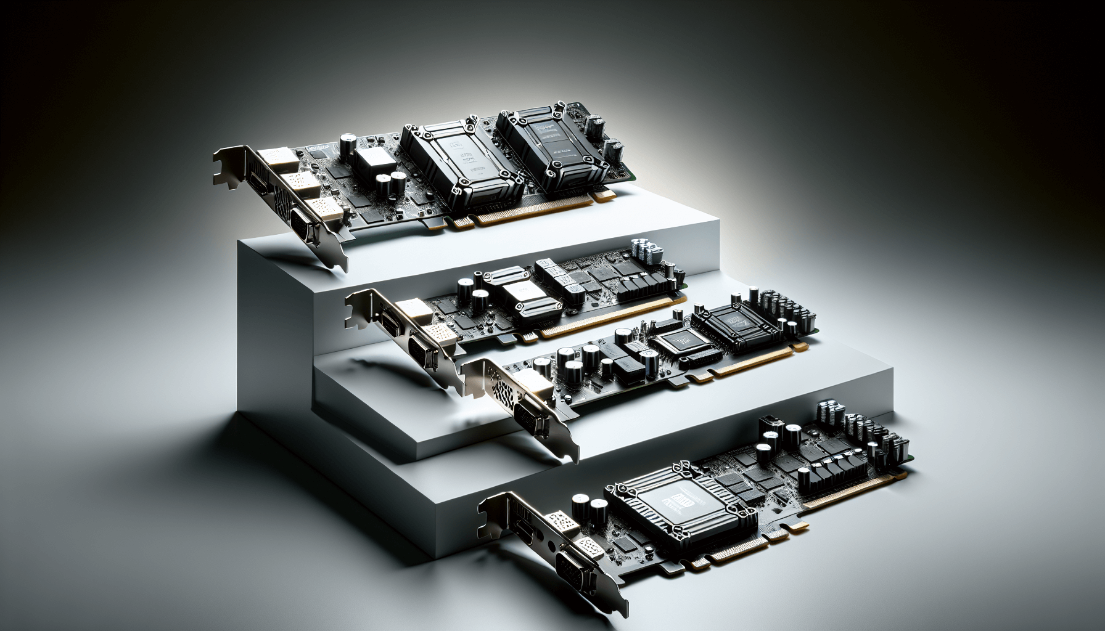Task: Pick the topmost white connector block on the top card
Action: coord(275,159)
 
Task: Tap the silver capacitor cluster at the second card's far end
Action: coord(644,250)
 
